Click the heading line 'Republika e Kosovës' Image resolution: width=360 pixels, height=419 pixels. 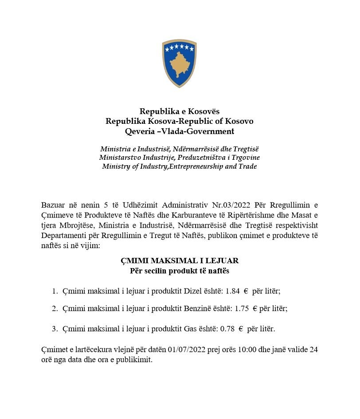(x=180, y=111)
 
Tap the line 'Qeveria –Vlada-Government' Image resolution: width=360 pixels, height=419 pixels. (x=180, y=131)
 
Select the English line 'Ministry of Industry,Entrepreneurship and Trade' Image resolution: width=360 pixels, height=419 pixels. (x=180, y=166)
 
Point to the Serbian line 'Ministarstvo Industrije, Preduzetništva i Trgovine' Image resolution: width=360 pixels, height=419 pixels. (x=180, y=158)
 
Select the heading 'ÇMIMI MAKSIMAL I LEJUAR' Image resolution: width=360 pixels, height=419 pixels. (x=180, y=261)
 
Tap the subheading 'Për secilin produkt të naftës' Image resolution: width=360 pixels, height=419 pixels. (x=180, y=270)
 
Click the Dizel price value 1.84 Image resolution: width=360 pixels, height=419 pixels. (x=233, y=291)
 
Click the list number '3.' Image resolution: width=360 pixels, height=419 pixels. (x=55, y=329)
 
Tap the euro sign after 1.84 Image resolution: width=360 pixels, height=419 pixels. (x=246, y=291)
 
